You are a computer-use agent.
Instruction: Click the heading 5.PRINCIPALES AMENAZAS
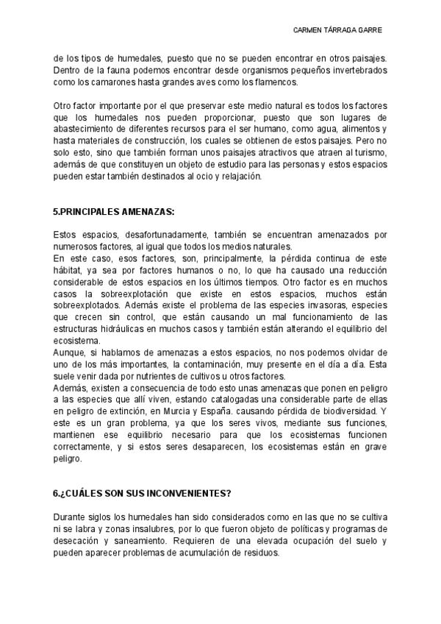[x=114, y=211]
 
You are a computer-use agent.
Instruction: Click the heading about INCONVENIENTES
[x=132, y=493]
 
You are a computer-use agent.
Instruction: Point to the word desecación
[x=79, y=540]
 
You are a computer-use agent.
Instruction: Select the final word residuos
[x=257, y=552]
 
